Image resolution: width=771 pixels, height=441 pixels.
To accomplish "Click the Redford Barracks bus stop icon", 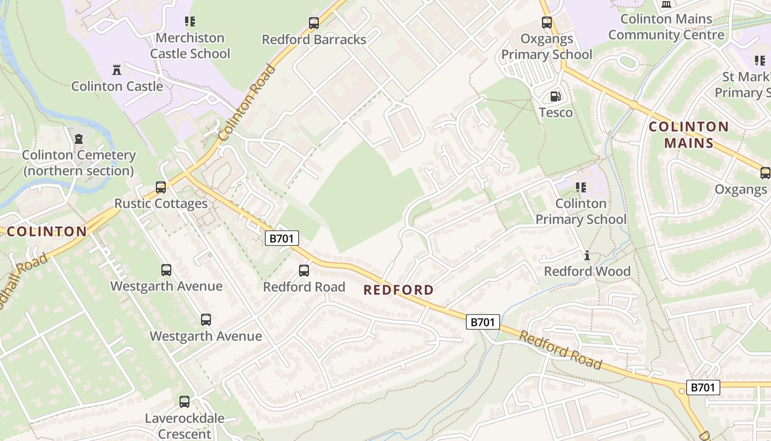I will (x=314, y=23).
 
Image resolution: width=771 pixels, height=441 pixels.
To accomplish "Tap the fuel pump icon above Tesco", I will (x=555, y=96).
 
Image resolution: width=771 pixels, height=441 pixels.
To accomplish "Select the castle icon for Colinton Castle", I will (x=117, y=70).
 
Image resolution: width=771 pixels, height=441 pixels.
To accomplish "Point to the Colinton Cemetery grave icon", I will (x=79, y=138).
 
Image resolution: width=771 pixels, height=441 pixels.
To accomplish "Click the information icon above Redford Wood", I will (x=587, y=255).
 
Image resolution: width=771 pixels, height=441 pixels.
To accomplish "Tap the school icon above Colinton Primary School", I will (x=580, y=187).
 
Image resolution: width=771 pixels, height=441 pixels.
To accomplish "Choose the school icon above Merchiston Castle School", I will (x=190, y=21).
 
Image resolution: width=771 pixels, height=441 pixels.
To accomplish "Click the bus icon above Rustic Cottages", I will (x=161, y=187).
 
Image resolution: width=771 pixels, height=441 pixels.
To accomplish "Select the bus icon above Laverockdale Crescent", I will (x=184, y=402).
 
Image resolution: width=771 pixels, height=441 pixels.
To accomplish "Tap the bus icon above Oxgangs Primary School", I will (x=546, y=23).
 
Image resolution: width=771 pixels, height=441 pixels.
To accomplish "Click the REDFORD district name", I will (x=399, y=290).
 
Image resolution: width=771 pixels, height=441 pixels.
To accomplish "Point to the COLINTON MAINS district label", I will (x=688, y=135).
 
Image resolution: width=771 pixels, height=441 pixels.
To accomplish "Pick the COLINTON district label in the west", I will (x=47, y=232).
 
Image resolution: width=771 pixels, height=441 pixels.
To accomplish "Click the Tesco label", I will (x=556, y=113).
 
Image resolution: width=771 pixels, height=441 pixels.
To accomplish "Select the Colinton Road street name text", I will (x=247, y=103).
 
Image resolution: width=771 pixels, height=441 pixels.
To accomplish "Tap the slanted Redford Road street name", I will (x=560, y=350).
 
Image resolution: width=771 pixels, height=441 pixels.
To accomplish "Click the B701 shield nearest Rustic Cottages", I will (x=282, y=238).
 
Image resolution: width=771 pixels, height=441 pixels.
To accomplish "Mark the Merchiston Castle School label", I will (x=190, y=46).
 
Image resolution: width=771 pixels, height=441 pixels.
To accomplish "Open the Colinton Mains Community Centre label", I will (x=666, y=27).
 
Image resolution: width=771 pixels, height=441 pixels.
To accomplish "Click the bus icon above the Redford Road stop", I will (x=304, y=271).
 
